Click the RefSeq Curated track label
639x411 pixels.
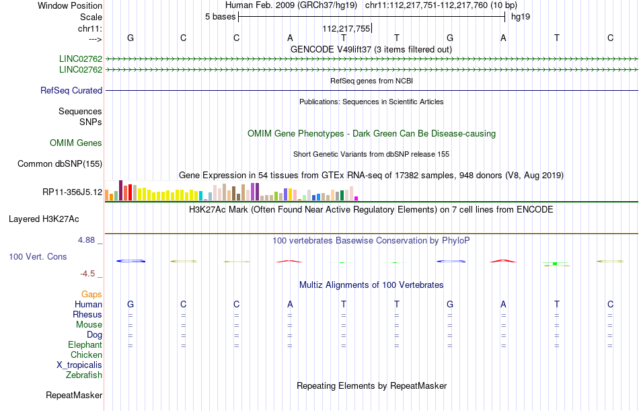pos(71,90)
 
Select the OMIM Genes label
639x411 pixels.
pos(76,143)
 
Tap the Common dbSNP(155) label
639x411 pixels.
pos(60,163)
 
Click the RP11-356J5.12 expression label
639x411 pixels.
pos(72,192)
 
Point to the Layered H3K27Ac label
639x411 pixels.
pos(44,219)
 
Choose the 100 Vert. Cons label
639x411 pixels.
pos(38,257)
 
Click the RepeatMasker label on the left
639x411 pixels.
pos(74,395)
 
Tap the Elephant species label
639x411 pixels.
pos(85,344)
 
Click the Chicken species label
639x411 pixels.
pos(86,354)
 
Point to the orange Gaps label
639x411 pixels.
pos(91,294)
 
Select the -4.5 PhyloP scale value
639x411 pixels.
pos(90,273)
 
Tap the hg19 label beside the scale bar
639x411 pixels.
pos(521,17)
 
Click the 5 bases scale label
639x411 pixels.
pos(220,17)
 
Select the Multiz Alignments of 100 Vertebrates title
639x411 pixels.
pos(371,285)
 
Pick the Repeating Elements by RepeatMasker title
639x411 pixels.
pos(371,386)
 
